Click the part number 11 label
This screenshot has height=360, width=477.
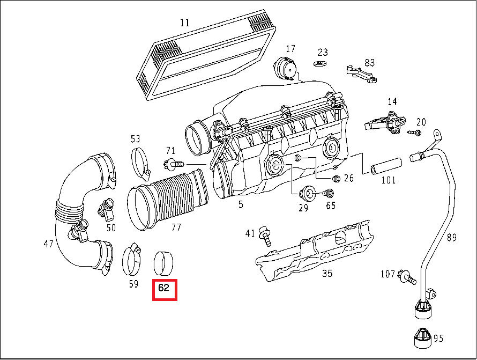185,23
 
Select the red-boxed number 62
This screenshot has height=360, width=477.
165,288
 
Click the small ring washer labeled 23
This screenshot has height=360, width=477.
321,64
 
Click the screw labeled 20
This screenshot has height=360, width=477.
414,131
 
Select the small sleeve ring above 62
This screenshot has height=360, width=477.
165,261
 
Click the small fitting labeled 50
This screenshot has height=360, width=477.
105,209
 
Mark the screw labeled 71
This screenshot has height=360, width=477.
172,164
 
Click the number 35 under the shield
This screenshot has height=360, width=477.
327,274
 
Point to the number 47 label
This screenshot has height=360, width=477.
48,244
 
